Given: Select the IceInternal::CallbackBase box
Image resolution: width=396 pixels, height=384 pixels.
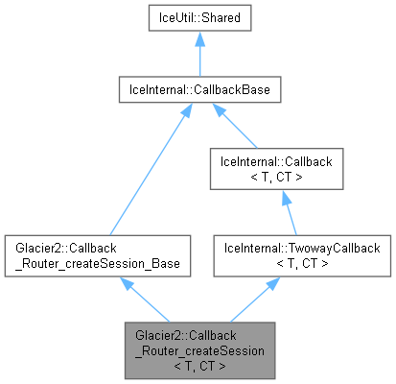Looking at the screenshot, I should (198, 91).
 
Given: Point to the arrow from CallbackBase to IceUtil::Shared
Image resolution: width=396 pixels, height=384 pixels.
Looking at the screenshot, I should (198, 60).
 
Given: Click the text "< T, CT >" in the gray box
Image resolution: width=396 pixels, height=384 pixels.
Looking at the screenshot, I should (198, 365).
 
